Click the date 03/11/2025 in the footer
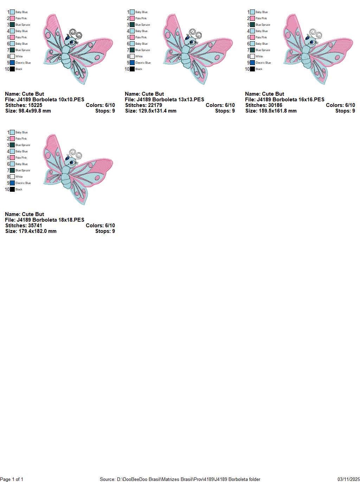pyautogui.click(x=348, y=479)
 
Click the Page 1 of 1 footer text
pyautogui.click(x=12, y=479)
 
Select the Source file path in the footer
pyautogui.click(x=180, y=479)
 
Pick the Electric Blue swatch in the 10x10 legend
pyautogui.click(x=12, y=63)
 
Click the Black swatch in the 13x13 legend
pyautogui.click(x=132, y=69)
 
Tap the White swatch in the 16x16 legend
pyautogui.click(x=252, y=56)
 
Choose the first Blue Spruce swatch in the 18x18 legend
pyautogui.click(x=12, y=145)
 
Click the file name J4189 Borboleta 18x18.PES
pyautogui.click(x=50, y=220)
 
